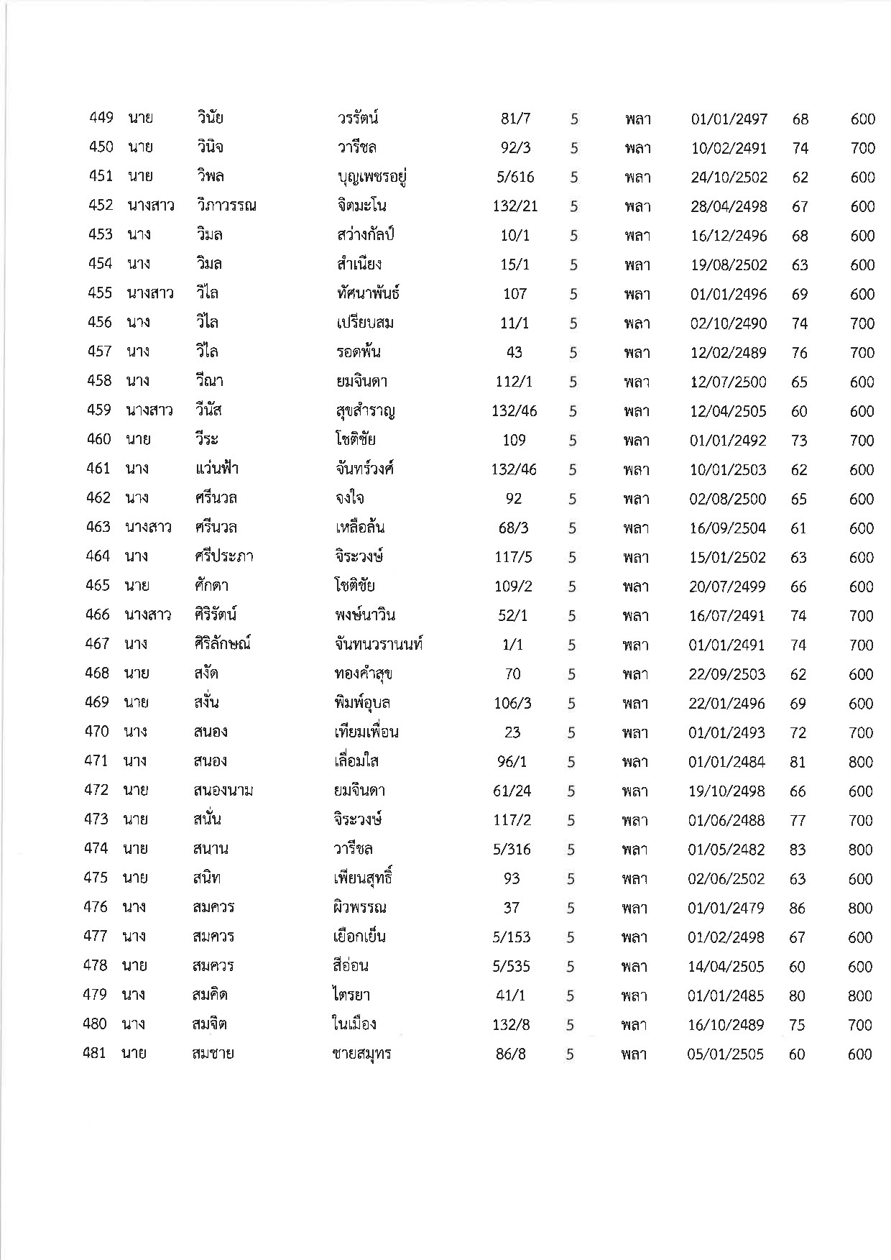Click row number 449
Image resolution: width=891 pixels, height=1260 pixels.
click(x=101, y=118)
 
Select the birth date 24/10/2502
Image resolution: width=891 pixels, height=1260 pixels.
click(x=729, y=178)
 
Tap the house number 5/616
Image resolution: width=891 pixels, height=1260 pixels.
click(x=514, y=178)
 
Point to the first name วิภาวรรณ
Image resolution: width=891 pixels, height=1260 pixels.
click(x=226, y=206)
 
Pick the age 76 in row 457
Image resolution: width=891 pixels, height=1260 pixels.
click(x=799, y=353)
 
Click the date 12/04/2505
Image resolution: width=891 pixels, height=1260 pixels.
click(x=728, y=412)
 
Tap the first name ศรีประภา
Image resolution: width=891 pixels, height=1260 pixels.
click(x=223, y=557)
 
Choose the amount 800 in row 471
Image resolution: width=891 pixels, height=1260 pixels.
click(x=860, y=762)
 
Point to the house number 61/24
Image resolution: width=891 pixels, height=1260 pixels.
click(x=513, y=791)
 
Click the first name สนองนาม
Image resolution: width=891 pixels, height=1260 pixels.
click(x=223, y=791)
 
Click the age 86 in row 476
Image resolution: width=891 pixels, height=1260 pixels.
click(x=797, y=909)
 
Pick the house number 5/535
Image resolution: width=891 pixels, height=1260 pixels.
click(x=512, y=967)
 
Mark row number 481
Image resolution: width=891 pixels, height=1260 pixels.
click(x=95, y=1054)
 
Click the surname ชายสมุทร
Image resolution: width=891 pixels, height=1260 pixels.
click(x=361, y=1054)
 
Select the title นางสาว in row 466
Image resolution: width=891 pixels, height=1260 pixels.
click(x=148, y=615)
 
